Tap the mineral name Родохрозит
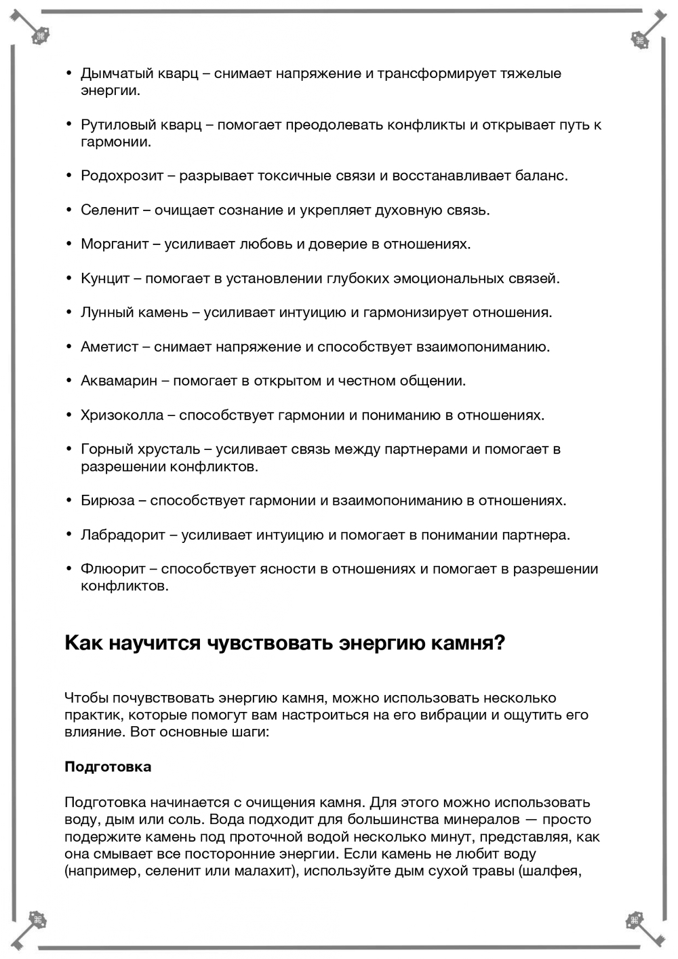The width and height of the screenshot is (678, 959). click(122, 176)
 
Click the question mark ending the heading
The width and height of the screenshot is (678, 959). click(500, 642)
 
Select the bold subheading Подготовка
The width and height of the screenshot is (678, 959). click(108, 767)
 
